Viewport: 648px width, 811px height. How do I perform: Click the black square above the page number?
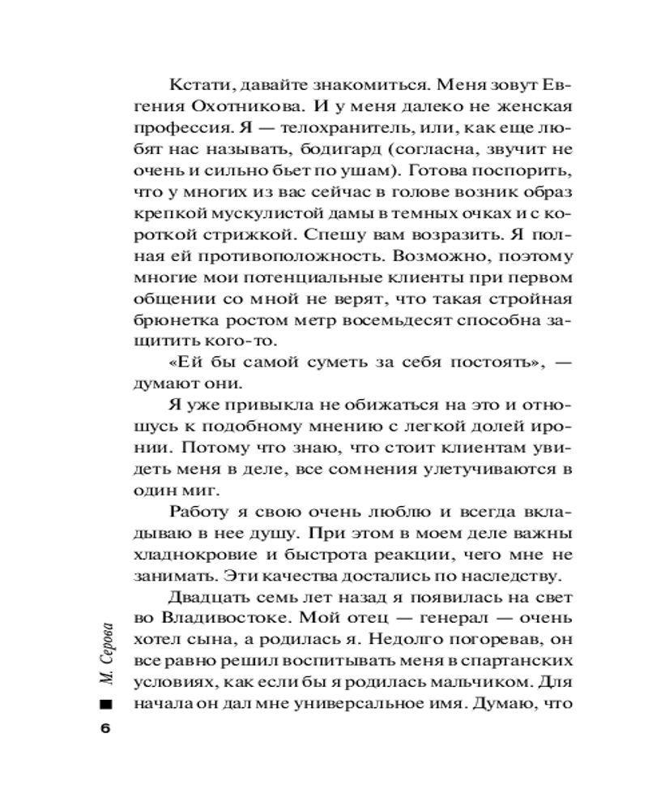coord(104,704)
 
